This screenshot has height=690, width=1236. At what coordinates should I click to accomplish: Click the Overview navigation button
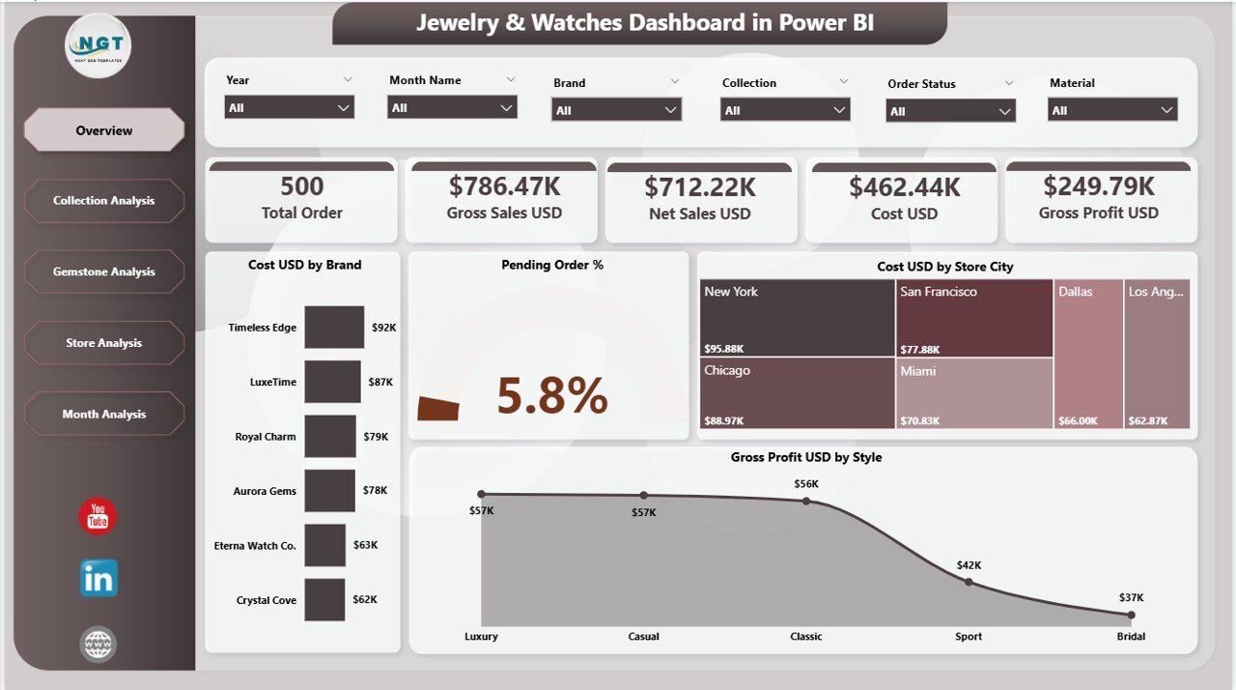(x=104, y=130)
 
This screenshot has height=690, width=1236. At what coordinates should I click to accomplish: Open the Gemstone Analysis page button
(x=104, y=273)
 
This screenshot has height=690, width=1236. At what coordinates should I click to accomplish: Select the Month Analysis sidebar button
(x=104, y=415)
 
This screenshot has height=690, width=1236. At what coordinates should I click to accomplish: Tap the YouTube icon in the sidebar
(x=98, y=517)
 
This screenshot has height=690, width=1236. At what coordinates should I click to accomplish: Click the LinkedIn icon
(x=98, y=578)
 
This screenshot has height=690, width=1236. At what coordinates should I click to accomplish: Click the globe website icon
(x=98, y=645)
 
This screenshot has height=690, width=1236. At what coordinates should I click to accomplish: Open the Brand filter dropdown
(x=616, y=110)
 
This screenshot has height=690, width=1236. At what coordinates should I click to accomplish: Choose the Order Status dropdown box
(x=950, y=111)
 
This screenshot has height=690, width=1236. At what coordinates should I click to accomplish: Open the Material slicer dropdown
(x=1112, y=110)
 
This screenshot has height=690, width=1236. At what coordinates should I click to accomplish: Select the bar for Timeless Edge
(x=334, y=328)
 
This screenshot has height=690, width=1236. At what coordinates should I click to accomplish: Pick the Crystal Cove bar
(x=324, y=600)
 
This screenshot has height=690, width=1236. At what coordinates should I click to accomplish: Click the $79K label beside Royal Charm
(x=376, y=437)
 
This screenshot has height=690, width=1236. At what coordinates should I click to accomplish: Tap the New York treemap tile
(x=797, y=318)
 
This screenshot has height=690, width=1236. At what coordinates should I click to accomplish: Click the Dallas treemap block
(x=1088, y=353)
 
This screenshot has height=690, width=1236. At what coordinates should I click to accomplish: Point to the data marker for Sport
(x=969, y=582)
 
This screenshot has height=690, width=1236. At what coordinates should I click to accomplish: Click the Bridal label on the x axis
(x=1131, y=637)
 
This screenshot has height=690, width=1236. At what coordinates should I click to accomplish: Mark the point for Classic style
(x=806, y=501)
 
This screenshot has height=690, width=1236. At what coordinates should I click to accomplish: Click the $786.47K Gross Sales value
(x=504, y=187)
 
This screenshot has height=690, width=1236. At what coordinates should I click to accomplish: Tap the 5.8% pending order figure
(x=552, y=395)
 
